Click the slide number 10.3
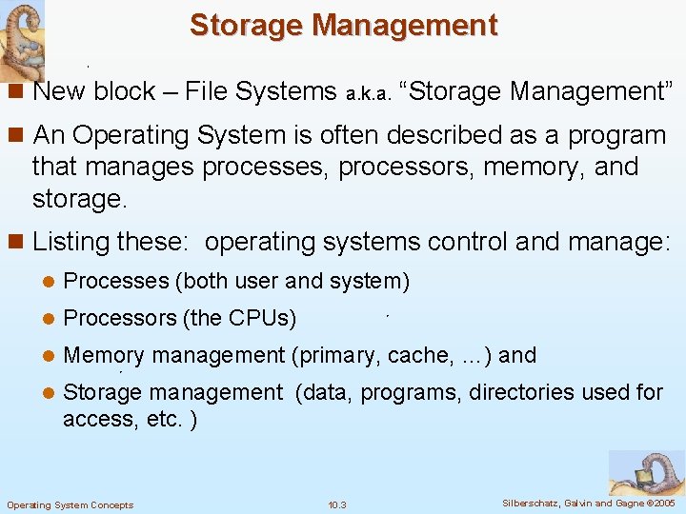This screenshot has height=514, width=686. click(336, 504)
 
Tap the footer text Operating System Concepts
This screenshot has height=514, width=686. click(70, 504)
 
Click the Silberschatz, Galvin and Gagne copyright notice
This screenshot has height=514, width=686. click(588, 503)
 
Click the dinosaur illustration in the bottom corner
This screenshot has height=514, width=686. click(647, 472)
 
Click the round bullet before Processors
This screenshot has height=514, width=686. click(45, 318)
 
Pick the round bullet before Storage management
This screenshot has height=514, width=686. click(45, 392)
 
